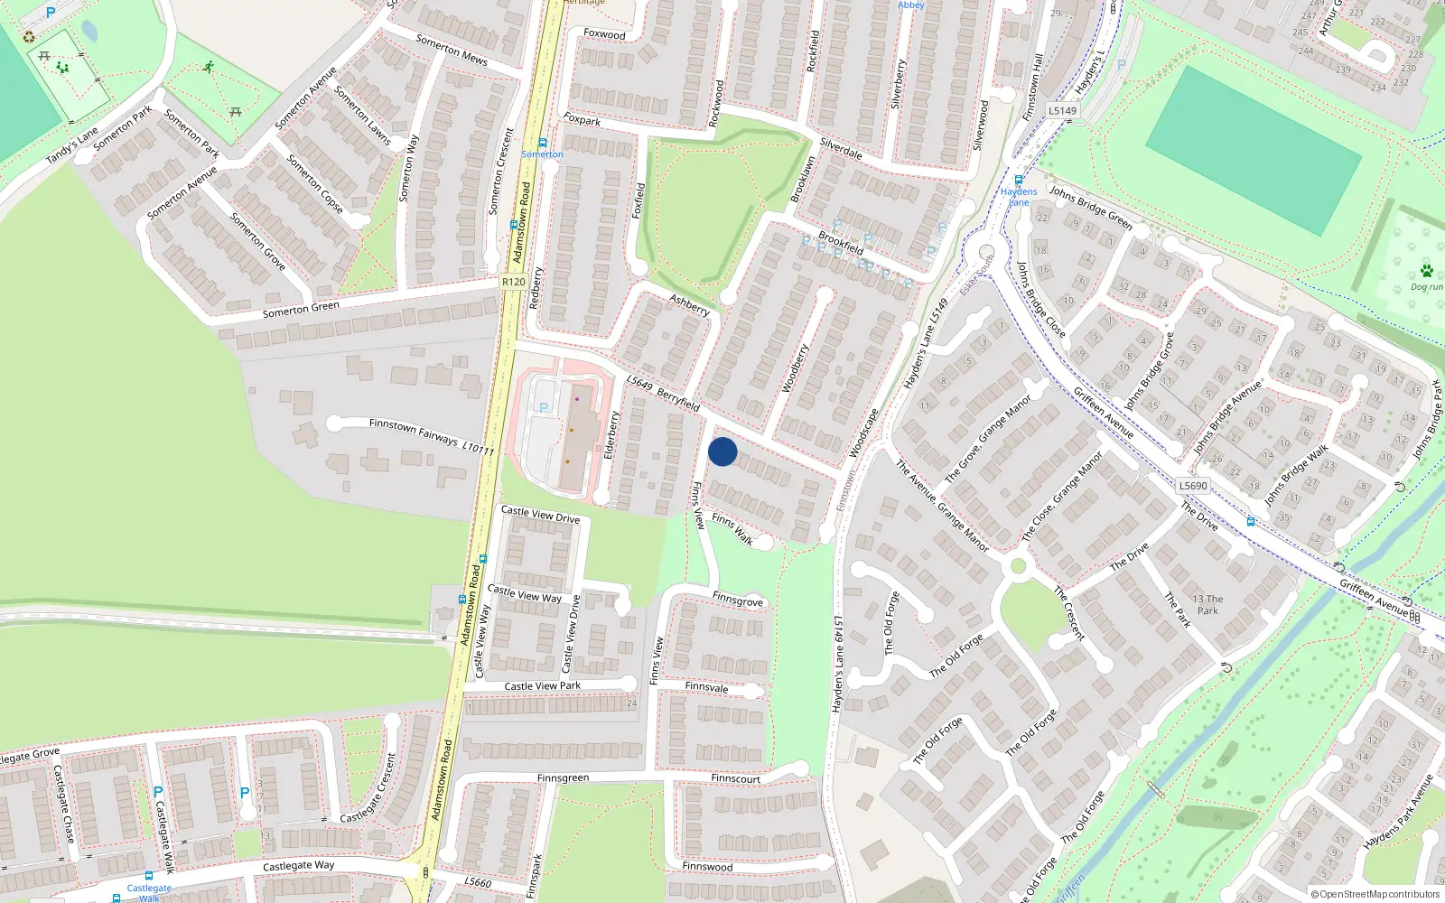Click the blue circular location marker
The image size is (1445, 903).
722,451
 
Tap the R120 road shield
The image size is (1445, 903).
513,282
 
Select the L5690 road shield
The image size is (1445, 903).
1192,486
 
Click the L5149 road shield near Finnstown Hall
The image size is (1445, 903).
1062,110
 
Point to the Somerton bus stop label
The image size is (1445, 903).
542,154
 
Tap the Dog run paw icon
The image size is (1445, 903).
1426,271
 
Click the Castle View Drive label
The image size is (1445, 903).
540,515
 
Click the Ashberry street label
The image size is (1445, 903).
689,304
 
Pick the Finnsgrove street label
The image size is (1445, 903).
737,600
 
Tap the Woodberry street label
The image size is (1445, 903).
794,368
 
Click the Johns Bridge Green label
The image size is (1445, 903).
1090,207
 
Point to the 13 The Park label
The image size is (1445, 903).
1207,604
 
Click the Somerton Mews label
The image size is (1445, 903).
451,50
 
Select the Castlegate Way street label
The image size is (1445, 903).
298,865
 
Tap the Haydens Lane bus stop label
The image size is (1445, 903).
1019,196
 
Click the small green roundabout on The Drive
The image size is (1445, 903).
1019,566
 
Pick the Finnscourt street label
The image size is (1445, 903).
735,778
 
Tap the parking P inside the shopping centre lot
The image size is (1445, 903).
544,408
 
